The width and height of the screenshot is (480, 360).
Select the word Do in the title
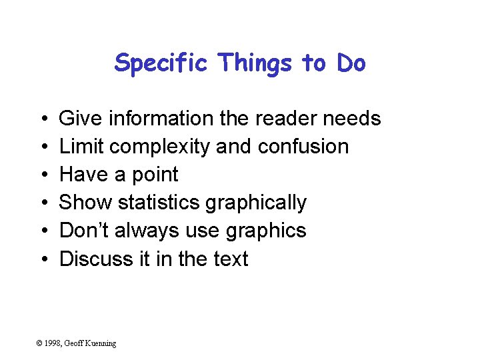coord(351,63)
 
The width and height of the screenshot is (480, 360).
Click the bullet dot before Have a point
coord(42,175)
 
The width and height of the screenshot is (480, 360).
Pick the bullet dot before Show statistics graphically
coord(42,203)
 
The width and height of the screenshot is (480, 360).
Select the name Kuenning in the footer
coord(100,343)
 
